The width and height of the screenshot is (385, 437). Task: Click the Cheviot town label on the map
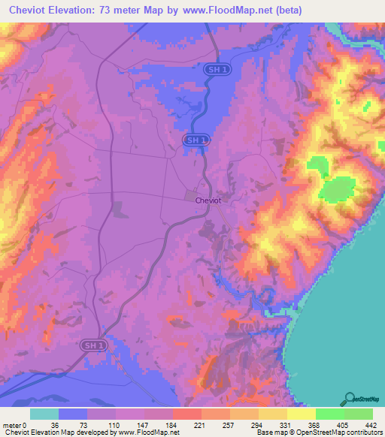coord(208,200)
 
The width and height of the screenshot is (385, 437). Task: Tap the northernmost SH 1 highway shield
coord(214,69)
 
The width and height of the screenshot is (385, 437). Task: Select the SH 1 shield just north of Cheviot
coord(195,140)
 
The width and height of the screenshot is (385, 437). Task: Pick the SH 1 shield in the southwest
coord(90,345)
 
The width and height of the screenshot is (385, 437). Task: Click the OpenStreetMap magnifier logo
coord(350,399)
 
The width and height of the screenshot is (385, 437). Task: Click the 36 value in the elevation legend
coord(54,425)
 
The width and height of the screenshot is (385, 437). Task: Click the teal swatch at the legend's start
coord(44,414)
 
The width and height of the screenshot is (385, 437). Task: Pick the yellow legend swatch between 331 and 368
coord(301,414)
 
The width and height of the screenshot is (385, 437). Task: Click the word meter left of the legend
coord(11,425)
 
